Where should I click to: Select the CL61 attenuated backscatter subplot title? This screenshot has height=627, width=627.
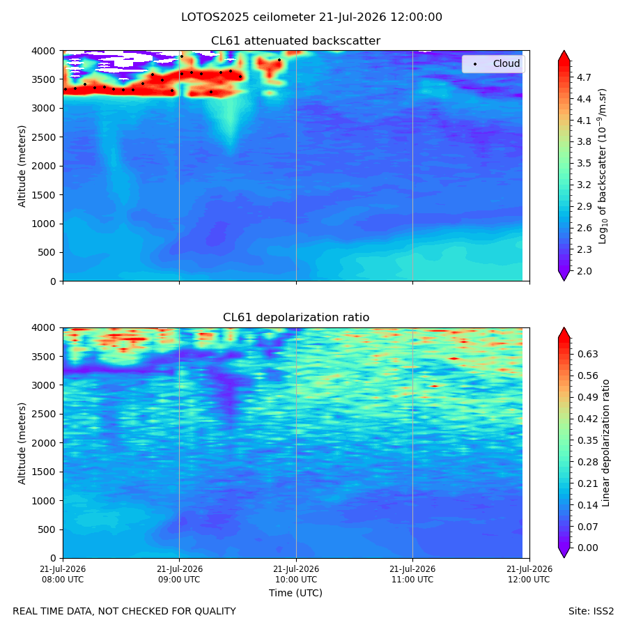(295, 41)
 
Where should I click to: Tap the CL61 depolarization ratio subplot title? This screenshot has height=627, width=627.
(296, 318)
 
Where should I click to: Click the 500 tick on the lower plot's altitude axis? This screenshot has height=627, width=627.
(47, 530)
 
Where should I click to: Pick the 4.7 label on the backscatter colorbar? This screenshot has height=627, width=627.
(584, 77)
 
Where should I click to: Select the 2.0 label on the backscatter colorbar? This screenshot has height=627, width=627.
(584, 271)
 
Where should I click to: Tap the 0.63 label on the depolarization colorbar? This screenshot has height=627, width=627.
(587, 355)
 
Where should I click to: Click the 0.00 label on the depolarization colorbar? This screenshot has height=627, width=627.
(587, 548)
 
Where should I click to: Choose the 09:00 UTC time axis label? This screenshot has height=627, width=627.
(180, 574)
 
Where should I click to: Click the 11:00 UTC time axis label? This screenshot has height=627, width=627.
(412, 574)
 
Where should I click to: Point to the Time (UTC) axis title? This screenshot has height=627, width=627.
(295, 593)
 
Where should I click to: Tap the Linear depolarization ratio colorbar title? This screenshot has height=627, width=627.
(605, 443)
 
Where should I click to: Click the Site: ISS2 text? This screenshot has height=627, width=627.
(591, 612)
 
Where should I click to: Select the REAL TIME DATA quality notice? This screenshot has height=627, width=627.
(125, 612)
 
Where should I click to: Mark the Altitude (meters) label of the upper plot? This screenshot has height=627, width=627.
(22, 167)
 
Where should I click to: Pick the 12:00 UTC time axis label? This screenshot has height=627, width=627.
(529, 574)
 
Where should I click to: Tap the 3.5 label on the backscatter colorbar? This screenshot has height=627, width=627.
(584, 163)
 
